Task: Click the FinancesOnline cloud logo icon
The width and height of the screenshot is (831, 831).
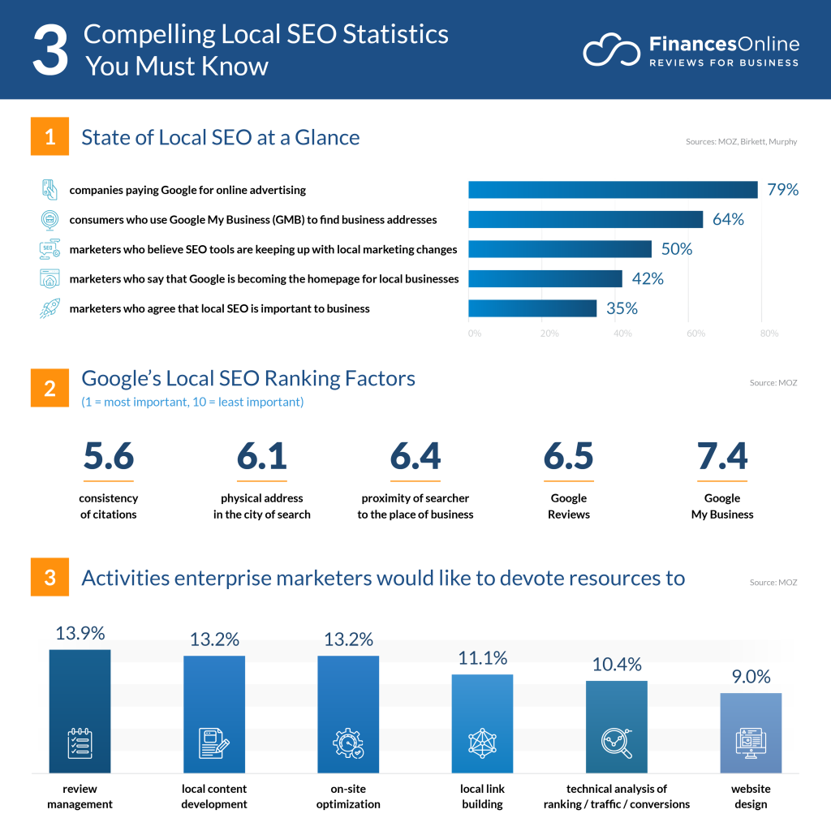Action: (x=612, y=50)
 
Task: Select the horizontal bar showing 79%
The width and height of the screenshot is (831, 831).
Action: (x=613, y=190)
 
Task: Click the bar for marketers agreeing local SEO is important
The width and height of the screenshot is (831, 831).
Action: (x=532, y=308)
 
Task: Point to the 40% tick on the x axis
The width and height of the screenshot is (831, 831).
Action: (x=622, y=334)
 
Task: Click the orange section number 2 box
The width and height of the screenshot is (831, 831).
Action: (x=50, y=388)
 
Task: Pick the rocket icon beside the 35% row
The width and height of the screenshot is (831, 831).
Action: (x=50, y=308)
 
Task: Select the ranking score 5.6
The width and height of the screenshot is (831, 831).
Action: (x=109, y=457)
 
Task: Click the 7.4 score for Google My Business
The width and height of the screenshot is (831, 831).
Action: (x=722, y=457)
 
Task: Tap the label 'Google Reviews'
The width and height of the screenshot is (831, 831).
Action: (x=568, y=506)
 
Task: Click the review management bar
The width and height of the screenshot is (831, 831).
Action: (x=80, y=710)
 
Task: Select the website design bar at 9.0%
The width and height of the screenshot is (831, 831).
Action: (x=751, y=732)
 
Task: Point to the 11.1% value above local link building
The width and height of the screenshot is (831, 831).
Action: (x=483, y=658)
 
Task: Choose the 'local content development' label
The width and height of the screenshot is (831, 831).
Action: (x=214, y=796)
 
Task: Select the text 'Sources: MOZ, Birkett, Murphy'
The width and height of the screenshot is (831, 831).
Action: (x=741, y=142)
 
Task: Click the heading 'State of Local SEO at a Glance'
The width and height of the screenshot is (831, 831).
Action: (x=220, y=137)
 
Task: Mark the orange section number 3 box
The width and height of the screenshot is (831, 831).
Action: (x=50, y=578)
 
